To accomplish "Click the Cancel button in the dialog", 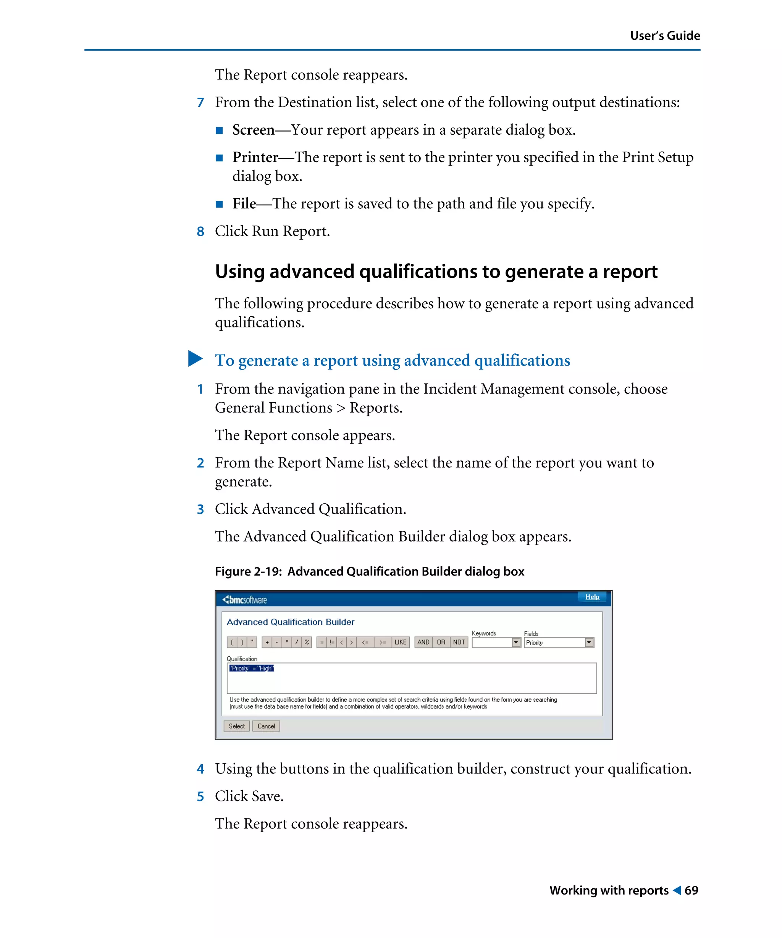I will click(266, 726).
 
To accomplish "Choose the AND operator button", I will click(423, 642).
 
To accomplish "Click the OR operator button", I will click(441, 642).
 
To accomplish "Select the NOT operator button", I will click(459, 642).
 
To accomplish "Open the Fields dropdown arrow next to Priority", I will click(588, 642).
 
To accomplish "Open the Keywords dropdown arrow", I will click(516, 642).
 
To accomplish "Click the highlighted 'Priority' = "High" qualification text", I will click(252, 668).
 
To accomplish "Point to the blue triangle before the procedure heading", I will click(195, 359).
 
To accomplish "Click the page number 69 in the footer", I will click(691, 890).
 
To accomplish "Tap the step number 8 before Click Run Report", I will click(200, 231).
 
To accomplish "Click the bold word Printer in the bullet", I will click(255, 157).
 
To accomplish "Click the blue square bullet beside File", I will click(219, 205).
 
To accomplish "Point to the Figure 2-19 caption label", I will click(248, 571).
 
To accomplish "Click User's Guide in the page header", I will click(664, 36).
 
